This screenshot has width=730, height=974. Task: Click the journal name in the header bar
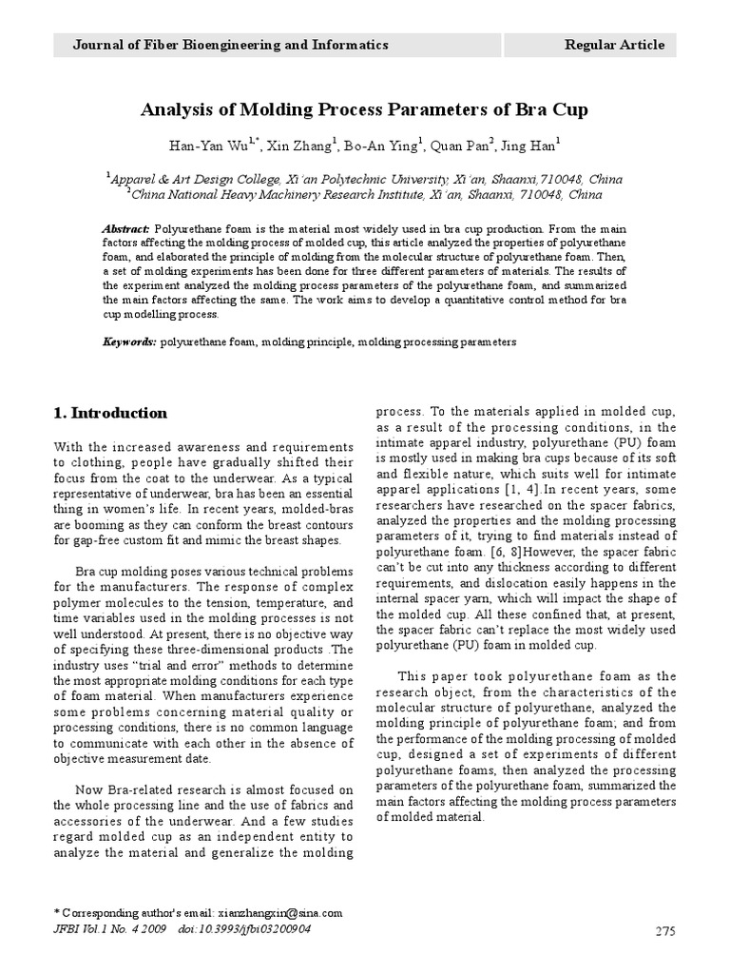(x=231, y=45)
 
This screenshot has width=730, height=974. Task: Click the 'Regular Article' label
(x=614, y=45)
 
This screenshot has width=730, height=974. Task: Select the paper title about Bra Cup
(x=364, y=109)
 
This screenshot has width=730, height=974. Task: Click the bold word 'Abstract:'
(x=125, y=229)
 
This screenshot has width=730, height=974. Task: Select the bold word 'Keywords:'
(x=129, y=340)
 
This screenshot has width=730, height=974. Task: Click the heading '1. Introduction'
(x=110, y=413)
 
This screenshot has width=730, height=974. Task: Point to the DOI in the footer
(x=244, y=927)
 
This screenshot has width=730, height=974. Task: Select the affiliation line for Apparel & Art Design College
(x=365, y=179)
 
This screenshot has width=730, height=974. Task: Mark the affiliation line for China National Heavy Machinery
(x=365, y=194)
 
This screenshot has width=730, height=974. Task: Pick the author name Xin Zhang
(x=302, y=146)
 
